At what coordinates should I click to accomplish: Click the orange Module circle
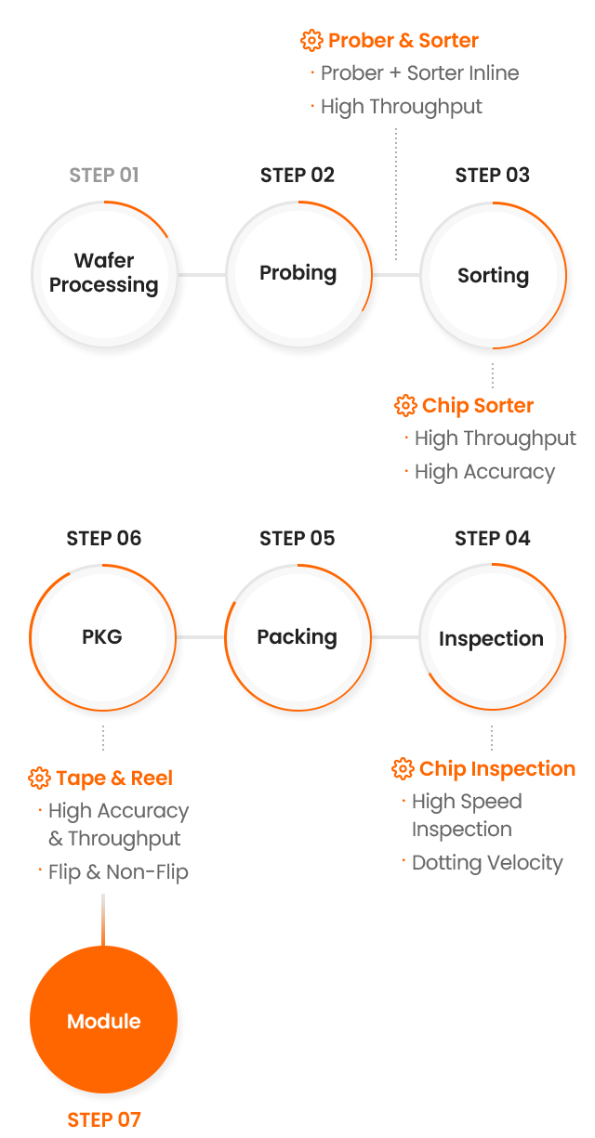pos(103,1020)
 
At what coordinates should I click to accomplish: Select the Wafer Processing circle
pos(104,274)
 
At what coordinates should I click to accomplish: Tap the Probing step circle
pos(298,274)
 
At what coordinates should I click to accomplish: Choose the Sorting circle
pos(493,276)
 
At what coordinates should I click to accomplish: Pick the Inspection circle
pos(491,638)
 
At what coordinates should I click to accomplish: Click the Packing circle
pos(297,637)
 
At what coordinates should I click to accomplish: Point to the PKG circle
pos(102,637)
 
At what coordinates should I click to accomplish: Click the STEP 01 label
pos(104,175)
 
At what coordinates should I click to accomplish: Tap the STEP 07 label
pos(104,1119)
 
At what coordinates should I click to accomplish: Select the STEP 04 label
pos(492,538)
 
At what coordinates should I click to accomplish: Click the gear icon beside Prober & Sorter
pos(311,41)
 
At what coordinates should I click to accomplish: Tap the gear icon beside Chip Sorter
pos(405,406)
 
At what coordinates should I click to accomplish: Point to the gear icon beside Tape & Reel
pos(39,778)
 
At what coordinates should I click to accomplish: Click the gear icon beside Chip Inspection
pos(403,769)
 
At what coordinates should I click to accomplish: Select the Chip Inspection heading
pos(497,769)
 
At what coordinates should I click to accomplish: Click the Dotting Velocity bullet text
pos(487,863)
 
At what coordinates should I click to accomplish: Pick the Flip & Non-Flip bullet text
pos(118,872)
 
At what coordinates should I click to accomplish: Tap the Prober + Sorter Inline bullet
pos(419,73)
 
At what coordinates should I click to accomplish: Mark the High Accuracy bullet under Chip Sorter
pos(484,472)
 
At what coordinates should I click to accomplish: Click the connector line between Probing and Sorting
pos(396,275)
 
